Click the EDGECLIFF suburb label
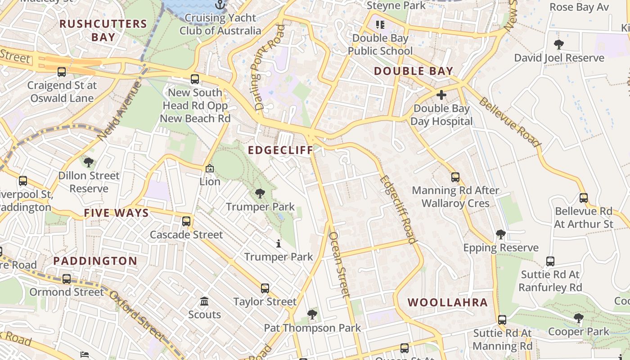[280, 150]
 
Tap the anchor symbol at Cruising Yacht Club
[220, 5]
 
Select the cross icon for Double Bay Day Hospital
[441, 95]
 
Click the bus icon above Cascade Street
[186, 221]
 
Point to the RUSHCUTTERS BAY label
[103, 30]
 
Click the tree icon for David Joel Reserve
[559, 45]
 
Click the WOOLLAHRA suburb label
[448, 302]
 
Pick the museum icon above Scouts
[204, 301]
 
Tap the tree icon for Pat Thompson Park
[312, 315]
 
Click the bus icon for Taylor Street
[265, 288]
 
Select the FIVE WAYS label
[116, 213]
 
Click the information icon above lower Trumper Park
[279, 244]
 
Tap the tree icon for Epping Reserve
[500, 234]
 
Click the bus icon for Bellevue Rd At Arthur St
[584, 198]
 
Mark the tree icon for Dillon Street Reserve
[89, 162]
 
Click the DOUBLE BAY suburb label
[413, 71]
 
